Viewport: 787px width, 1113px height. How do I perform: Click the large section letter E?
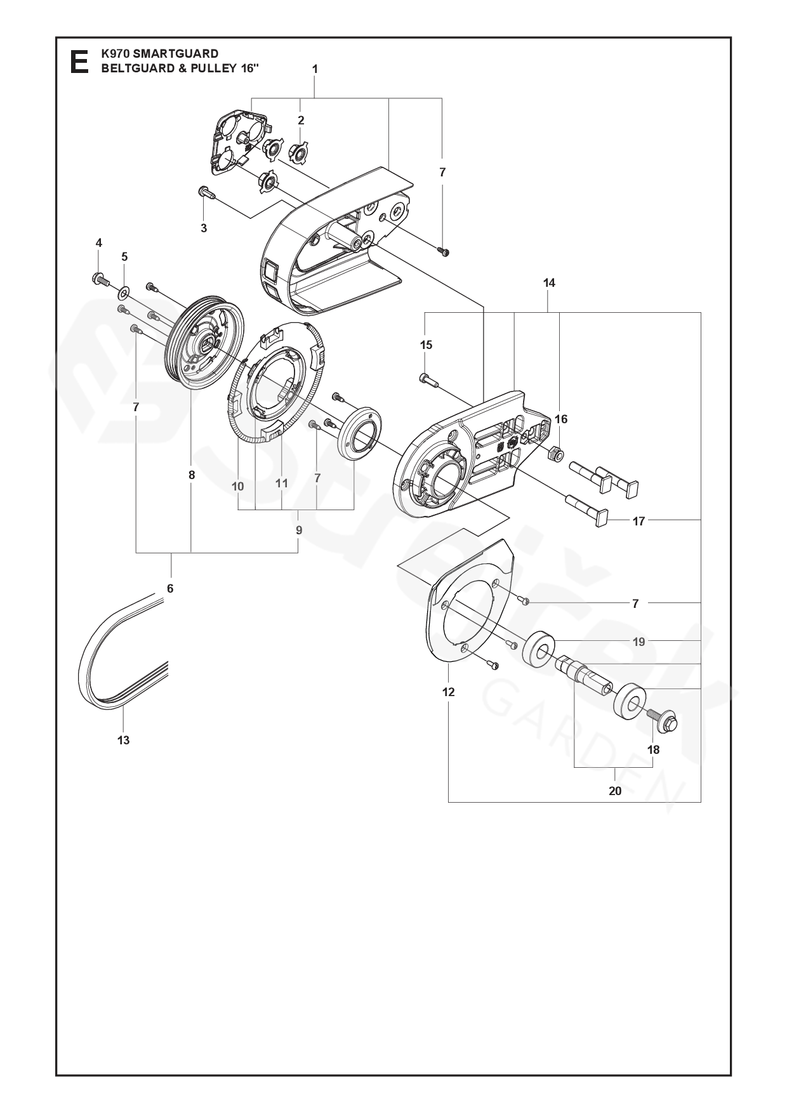click(x=79, y=62)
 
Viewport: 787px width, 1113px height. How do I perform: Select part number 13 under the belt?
click(x=123, y=740)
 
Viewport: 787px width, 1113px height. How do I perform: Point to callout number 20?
click(x=615, y=791)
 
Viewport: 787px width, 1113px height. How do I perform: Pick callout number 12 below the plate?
click(x=449, y=692)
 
